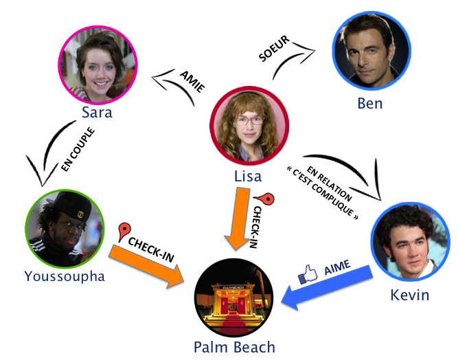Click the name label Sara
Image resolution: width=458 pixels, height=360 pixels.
(x=96, y=111)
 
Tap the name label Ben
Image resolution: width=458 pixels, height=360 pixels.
(x=370, y=104)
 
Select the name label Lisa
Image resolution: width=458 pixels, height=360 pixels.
(x=248, y=176)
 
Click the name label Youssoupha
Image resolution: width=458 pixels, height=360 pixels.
(x=65, y=276)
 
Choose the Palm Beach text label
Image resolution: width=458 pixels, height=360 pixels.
(x=235, y=347)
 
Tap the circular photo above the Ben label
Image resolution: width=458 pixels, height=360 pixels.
(x=371, y=55)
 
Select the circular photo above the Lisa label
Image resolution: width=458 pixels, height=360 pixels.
(x=248, y=125)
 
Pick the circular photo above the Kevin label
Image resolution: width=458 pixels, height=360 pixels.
(x=411, y=245)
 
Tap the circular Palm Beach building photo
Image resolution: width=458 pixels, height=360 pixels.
(x=234, y=297)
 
